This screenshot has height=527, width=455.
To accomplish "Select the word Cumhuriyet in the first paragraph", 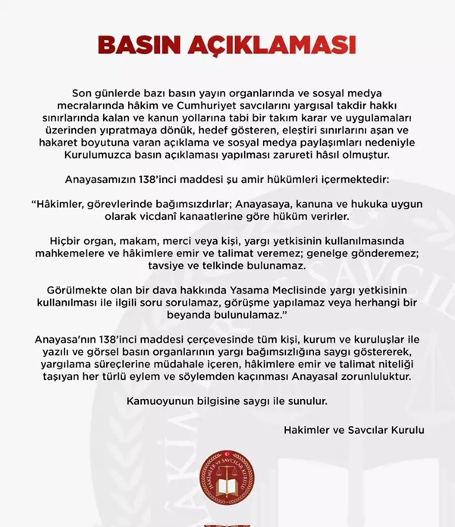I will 224,105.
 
